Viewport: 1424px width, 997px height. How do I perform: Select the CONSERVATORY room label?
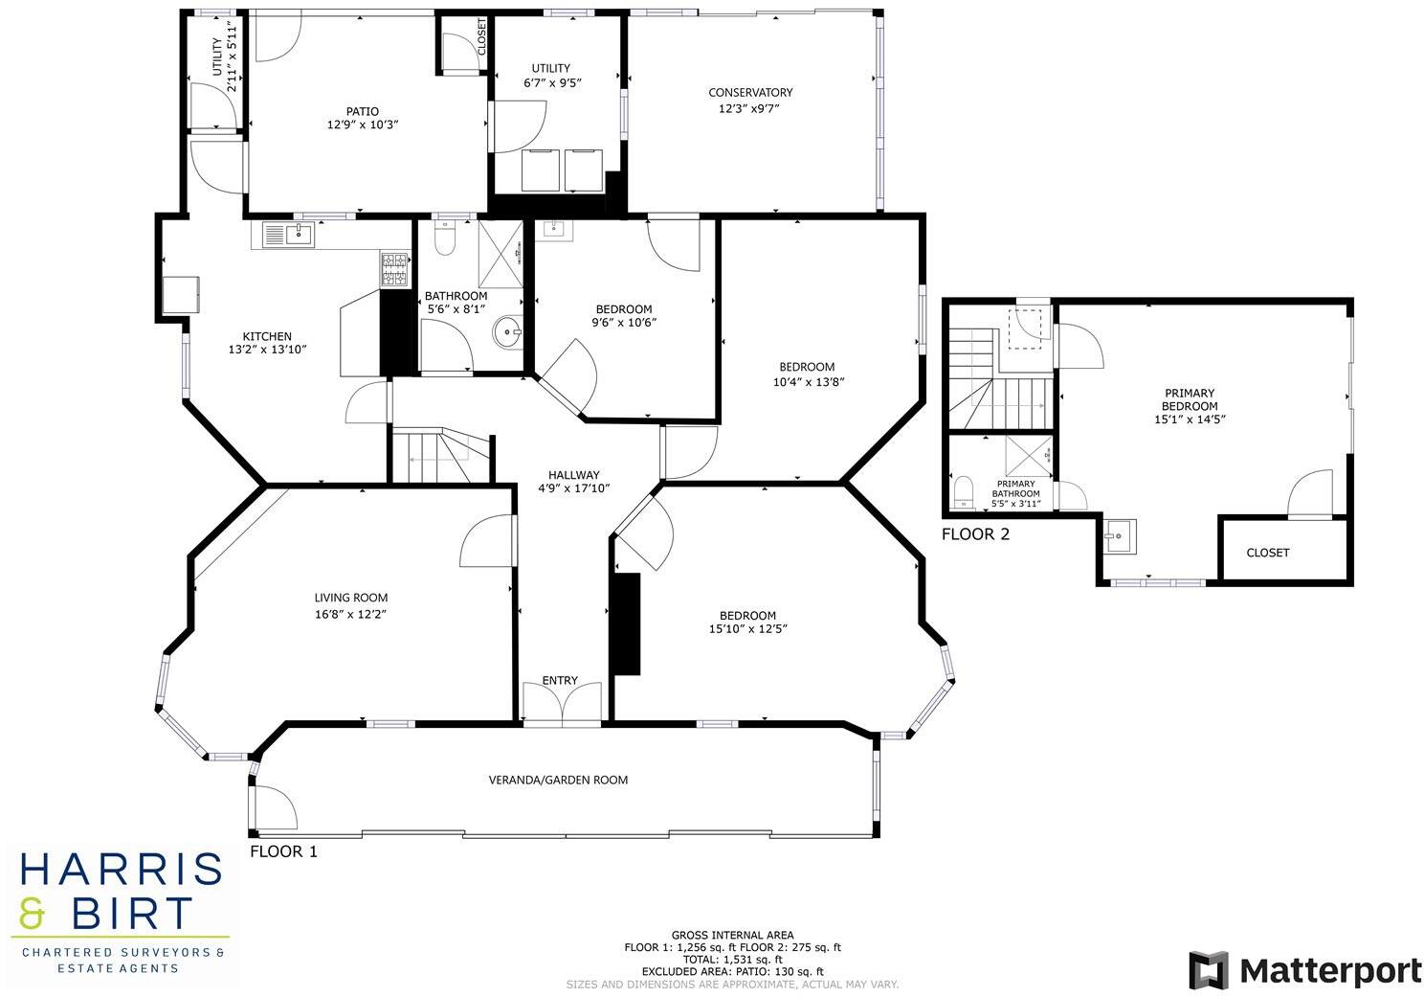click(750, 93)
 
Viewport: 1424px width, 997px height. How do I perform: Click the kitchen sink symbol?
click(286, 234)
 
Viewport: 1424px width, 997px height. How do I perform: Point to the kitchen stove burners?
click(393, 269)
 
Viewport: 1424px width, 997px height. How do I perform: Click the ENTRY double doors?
click(562, 704)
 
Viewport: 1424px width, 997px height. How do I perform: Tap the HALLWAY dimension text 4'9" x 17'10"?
click(573, 488)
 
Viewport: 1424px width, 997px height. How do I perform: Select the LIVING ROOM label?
click(351, 598)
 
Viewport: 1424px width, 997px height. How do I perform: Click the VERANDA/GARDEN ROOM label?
click(558, 780)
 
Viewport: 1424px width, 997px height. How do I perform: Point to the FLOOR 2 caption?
click(975, 534)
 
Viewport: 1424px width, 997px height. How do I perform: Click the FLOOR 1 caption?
click(283, 851)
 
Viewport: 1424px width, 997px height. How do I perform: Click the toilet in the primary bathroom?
click(964, 491)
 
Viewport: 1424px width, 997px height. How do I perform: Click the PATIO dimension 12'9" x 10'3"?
click(362, 125)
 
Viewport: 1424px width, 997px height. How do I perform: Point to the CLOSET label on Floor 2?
click(1267, 553)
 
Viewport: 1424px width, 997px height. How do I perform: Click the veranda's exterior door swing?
click(275, 807)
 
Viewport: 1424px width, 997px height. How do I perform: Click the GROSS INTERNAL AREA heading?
click(732, 935)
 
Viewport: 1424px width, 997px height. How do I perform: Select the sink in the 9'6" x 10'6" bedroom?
click(553, 229)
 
